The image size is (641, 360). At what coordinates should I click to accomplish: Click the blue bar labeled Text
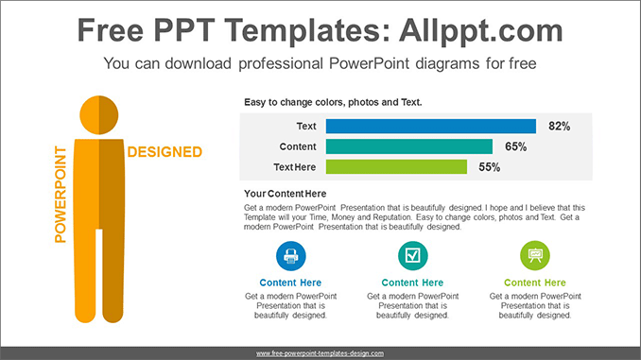[431, 126]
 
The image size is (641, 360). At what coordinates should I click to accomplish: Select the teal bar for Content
[409, 146]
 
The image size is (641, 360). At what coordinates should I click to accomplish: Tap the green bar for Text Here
[396, 167]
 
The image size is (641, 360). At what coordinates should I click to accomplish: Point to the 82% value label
[560, 126]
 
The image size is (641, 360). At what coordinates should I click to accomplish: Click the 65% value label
[515, 146]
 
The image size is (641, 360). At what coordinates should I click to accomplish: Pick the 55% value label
[489, 167]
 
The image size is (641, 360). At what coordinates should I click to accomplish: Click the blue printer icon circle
[290, 254]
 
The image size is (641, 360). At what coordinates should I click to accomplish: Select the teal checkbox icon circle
[412, 254]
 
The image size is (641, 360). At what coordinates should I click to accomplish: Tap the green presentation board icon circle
[535, 254]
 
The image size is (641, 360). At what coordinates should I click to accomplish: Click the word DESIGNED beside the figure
[165, 151]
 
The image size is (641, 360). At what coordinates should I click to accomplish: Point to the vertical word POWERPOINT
[61, 194]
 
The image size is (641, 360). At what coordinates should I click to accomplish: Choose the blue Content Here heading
[290, 283]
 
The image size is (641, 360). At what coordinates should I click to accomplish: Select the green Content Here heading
[535, 283]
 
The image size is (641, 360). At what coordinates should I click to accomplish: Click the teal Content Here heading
[412, 283]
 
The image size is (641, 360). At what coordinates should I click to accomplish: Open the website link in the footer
[320, 352]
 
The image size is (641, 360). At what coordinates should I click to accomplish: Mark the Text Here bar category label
[295, 167]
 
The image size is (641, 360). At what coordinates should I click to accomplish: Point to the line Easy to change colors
[333, 102]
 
